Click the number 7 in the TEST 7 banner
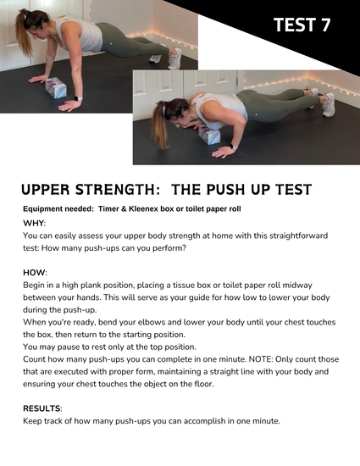tap(326, 25)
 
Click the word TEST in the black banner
tap(294, 25)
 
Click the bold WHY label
tap(34, 223)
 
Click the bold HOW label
tap(34, 272)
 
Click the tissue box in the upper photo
tap(56, 87)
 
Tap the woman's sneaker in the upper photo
tap(174, 58)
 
